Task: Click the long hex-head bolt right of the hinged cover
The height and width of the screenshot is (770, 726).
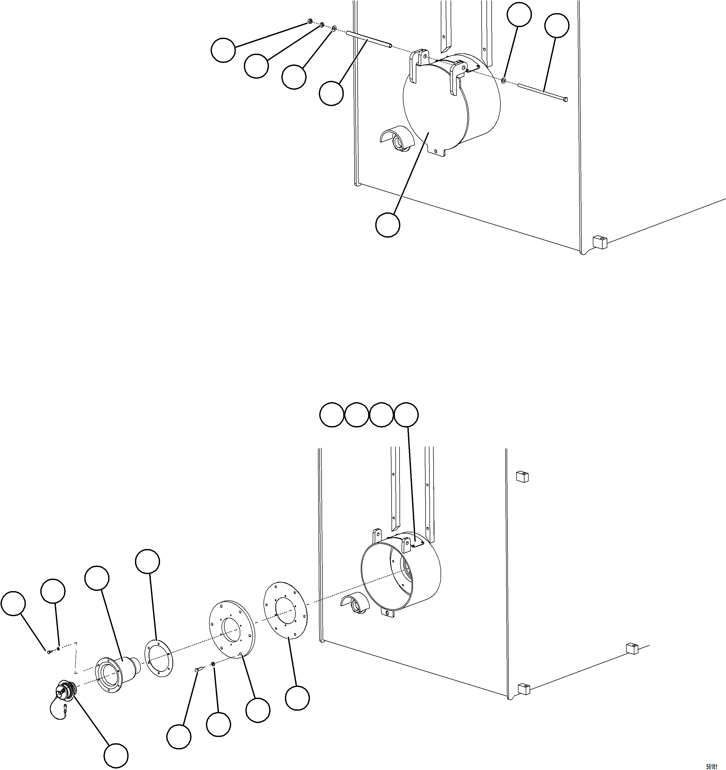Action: point(542,92)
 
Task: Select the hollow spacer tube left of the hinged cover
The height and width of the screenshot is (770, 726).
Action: point(369,40)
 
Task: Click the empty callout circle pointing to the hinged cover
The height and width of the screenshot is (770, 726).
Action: point(388,225)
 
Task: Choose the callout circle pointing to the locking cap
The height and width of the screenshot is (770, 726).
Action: point(116,755)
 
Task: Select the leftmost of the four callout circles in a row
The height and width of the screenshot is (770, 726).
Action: point(332,415)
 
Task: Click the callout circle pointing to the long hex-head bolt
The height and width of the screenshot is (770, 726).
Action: point(556,26)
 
